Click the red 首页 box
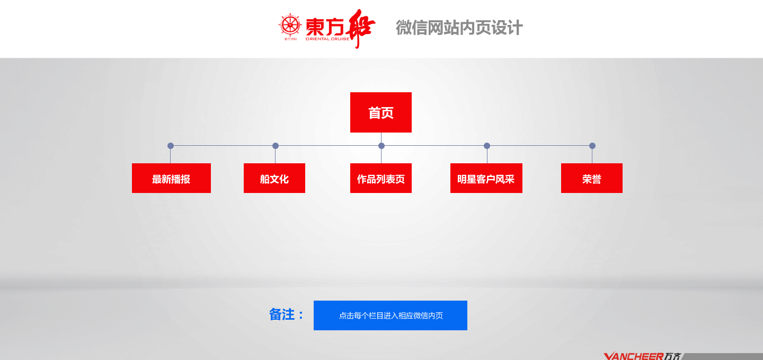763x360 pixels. [x=381, y=112]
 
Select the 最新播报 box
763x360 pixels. [x=171, y=178]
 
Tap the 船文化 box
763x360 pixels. [x=274, y=178]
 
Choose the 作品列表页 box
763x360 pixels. [x=381, y=178]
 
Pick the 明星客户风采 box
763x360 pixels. [x=486, y=178]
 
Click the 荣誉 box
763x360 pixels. [x=592, y=178]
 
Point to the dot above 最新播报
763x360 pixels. [x=171, y=146]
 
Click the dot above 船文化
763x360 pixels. [x=276, y=146]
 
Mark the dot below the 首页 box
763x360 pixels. [x=381, y=146]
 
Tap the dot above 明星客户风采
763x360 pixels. [x=487, y=146]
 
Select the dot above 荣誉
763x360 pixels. [x=592, y=146]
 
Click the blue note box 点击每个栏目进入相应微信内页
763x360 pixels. [x=391, y=315]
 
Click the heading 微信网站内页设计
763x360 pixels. [x=459, y=28]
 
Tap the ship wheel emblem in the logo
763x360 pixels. [x=290, y=25]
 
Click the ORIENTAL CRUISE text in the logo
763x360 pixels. [x=327, y=39]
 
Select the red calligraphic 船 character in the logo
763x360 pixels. [x=360, y=28]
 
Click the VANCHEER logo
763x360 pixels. [x=642, y=356]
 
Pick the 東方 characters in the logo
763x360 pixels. [x=325, y=27]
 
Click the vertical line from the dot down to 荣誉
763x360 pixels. [x=592, y=156]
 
